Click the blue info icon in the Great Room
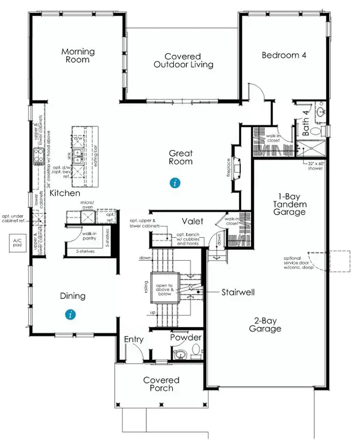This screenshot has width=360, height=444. coord(176,183)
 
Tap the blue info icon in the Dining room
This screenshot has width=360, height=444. coord(70,315)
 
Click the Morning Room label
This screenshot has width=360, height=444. coord(78,56)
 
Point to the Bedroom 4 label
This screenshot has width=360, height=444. coord(282,55)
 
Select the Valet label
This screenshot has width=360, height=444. coord(192,221)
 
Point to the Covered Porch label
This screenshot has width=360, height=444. coord(161,384)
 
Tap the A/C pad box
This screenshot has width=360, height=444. coord(15,244)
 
